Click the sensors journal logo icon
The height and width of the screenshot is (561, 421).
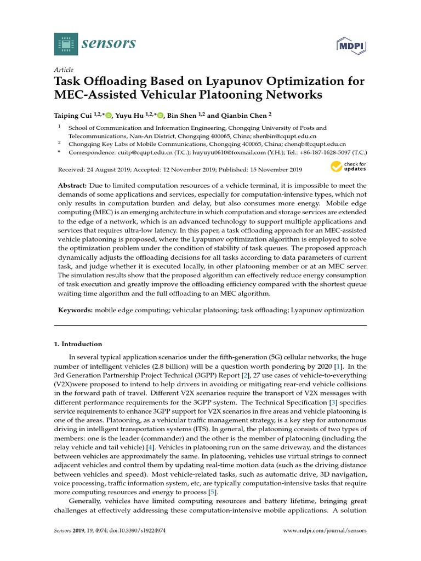(66, 44)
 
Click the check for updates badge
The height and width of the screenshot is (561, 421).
(348, 167)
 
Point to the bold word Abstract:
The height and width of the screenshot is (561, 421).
(72, 186)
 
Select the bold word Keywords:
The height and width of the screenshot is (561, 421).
(76, 310)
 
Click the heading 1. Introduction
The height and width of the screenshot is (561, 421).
(78, 344)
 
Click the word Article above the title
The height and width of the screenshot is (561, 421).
(64, 70)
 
